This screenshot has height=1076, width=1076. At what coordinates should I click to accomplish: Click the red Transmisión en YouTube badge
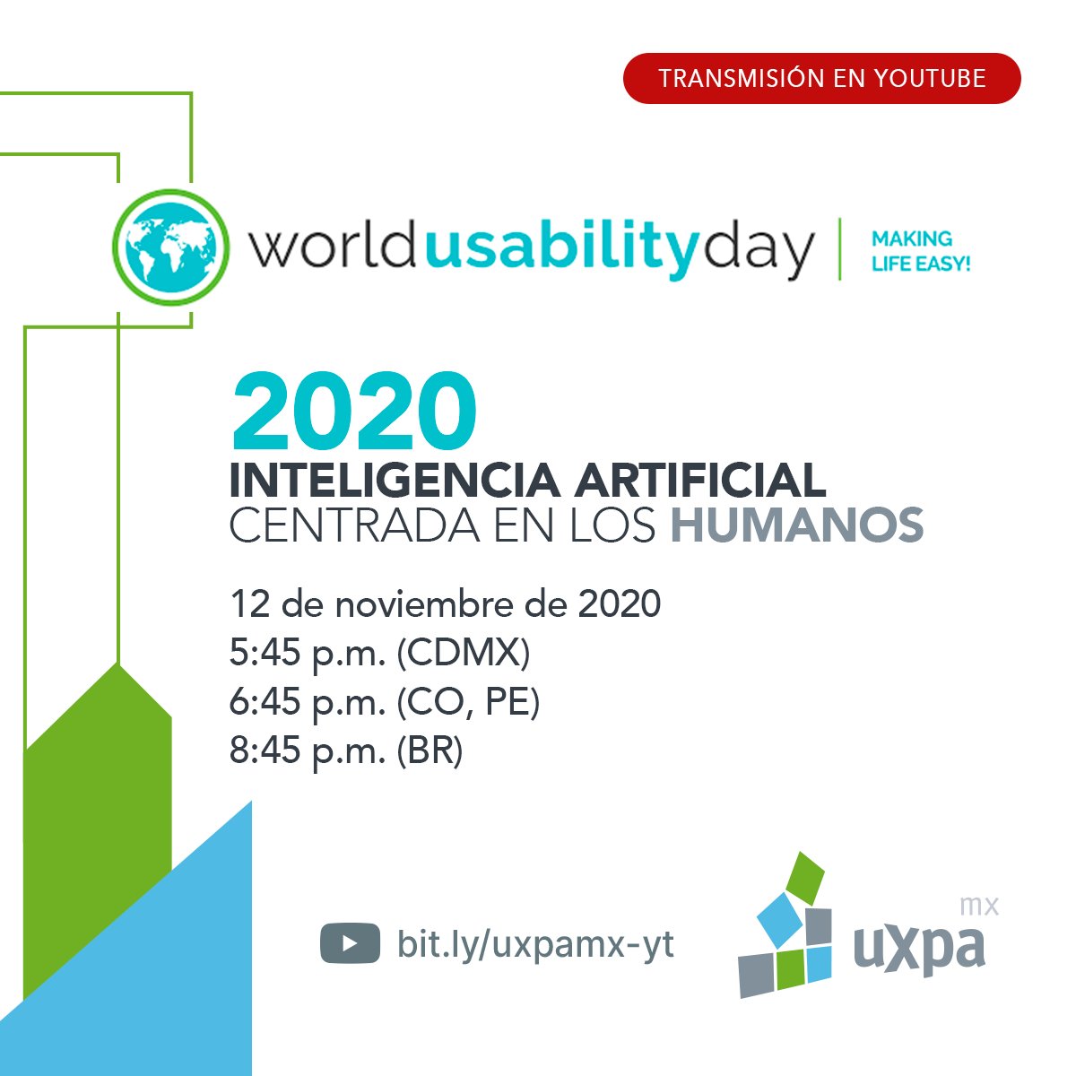coord(821,78)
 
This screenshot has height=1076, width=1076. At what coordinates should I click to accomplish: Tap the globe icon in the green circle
coord(170,247)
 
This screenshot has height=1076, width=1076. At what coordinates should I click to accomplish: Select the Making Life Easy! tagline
coord(921,252)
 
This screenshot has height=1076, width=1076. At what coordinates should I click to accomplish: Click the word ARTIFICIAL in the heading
coord(699,482)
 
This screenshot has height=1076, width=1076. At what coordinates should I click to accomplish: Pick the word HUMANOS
coord(797,526)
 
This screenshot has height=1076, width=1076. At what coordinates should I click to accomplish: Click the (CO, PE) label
coord(467,702)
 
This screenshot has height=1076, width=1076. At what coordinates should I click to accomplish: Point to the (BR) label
coord(430,751)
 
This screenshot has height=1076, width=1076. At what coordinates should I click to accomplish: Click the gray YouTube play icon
coord(349,944)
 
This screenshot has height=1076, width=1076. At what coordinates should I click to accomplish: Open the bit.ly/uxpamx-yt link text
coord(535,944)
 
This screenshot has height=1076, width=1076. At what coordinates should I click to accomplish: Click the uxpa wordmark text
coord(919,948)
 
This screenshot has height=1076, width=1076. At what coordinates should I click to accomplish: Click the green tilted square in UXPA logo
coord(805,878)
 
